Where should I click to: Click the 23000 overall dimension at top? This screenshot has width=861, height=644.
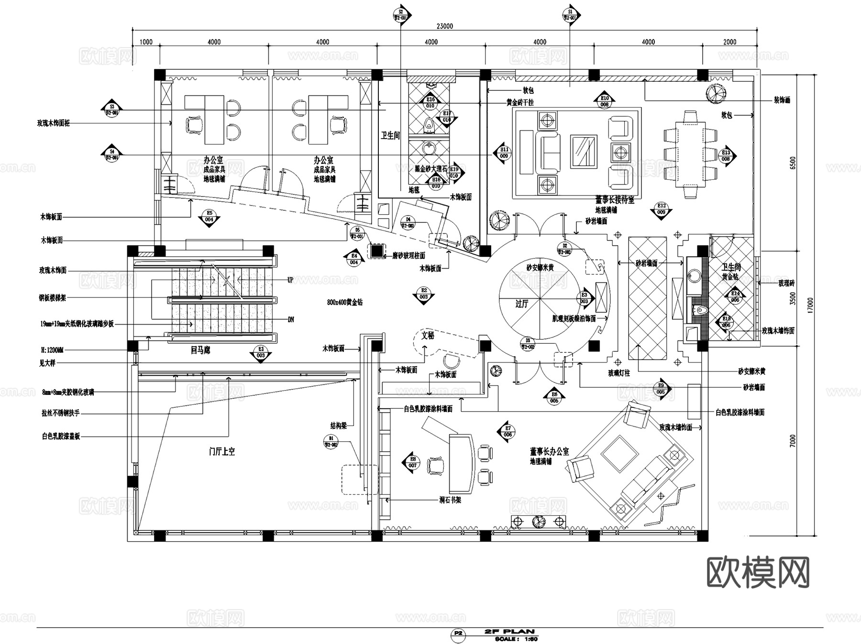coord(444,26)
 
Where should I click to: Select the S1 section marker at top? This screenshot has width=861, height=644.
coord(570,14)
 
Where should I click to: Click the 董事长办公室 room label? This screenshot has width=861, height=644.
coord(549,452)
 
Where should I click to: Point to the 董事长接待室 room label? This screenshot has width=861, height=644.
coord(615,200)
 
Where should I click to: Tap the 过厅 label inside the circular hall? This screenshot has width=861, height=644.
coord(521,304)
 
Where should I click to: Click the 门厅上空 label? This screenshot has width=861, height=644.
coord(221,451)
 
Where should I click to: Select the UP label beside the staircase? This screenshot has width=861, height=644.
coord(290,280)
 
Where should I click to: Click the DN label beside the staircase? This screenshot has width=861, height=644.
coord(290,319)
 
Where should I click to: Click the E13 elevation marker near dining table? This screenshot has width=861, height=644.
coord(726,156)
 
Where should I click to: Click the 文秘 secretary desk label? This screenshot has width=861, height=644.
coord(428,336)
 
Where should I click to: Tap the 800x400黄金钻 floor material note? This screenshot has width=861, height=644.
coord(344,302)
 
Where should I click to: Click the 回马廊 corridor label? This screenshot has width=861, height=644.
coord(200,350)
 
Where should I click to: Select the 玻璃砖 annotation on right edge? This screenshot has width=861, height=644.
coord(786,283)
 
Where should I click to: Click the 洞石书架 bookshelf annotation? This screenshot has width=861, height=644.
coord(450,500)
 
